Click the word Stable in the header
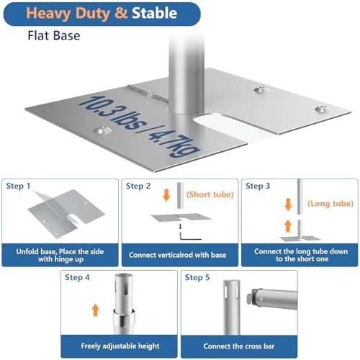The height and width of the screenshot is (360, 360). (x=154, y=13)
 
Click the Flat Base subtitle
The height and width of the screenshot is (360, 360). (x=54, y=35)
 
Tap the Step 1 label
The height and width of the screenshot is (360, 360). (x=18, y=186)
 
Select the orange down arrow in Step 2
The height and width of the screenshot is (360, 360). (x=166, y=195)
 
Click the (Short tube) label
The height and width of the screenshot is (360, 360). (x=210, y=194)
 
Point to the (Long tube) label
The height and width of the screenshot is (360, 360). (x=330, y=204)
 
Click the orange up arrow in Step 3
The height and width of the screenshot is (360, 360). (x=288, y=226)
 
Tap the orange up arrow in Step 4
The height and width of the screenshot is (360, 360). (x=96, y=310)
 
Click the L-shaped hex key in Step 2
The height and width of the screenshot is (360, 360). (x=189, y=236)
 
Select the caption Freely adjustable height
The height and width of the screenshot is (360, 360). (x=120, y=346)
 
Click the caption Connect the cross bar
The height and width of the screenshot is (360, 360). (x=239, y=346)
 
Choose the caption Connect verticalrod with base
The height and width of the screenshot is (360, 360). (x=177, y=255)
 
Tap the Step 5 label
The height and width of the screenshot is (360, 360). (x=197, y=277)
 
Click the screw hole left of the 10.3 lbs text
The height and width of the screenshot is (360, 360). (x=102, y=130)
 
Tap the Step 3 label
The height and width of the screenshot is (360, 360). (x=258, y=186)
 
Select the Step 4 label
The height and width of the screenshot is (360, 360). (x=77, y=277)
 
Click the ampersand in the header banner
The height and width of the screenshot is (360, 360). (x=121, y=13)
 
